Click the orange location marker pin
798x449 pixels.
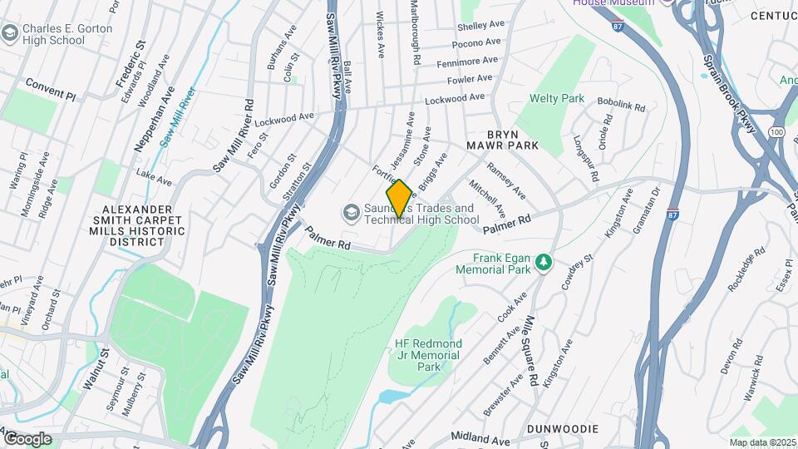399,199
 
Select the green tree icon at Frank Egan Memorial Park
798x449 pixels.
544,263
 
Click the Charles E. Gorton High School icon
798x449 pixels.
10,33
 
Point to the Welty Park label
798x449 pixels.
557,99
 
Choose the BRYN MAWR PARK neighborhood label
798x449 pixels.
513,139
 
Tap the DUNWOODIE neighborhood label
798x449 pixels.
562,429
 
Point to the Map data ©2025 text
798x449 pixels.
761,442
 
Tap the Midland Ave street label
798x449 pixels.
480,437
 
